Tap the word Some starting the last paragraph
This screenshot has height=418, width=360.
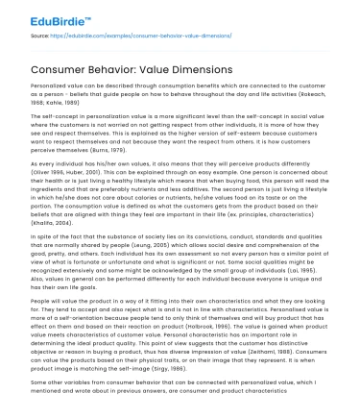(39, 381)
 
